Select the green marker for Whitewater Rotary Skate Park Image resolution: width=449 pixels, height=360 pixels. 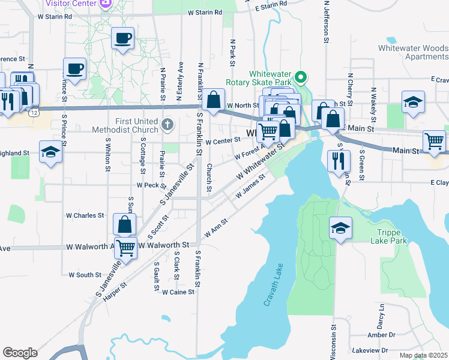[x=303, y=77]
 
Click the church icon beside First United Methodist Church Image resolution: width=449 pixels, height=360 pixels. [x=167, y=125]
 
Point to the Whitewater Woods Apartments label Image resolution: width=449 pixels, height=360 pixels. [x=413, y=52]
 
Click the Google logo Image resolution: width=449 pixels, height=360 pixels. [x=20, y=353]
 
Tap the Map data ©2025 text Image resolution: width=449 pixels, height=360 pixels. [x=423, y=355]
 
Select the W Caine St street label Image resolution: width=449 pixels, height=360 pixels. [x=178, y=292]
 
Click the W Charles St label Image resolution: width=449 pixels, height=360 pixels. [x=85, y=215]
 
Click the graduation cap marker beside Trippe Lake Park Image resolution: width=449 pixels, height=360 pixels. [x=340, y=228]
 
